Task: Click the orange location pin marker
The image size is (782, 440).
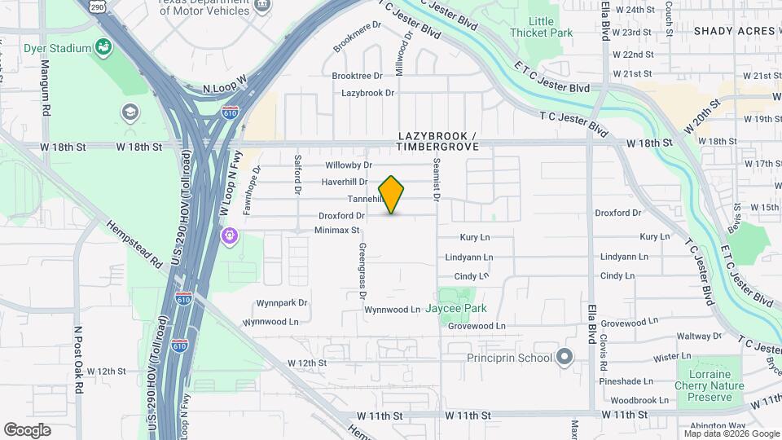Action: pos(392,195)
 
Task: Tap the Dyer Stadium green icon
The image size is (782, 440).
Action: pos(103,48)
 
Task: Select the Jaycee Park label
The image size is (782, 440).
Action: pos(468,309)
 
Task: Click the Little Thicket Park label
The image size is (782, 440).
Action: pos(541,27)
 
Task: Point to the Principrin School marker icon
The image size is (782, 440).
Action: pos(564,357)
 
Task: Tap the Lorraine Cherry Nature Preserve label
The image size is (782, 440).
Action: pos(710,385)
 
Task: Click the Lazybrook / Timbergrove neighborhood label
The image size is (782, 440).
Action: pos(437,140)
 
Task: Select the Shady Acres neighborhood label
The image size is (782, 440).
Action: pos(734,31)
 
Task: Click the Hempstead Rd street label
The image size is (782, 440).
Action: pos(134,242)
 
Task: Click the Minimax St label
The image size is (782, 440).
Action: pos(337,231)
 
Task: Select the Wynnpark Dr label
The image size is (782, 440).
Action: pos(282,302)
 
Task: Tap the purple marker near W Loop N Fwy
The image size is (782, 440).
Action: pos(231,235)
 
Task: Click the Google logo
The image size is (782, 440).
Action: pos(27,430)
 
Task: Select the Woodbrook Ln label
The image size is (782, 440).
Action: pos(639,401)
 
